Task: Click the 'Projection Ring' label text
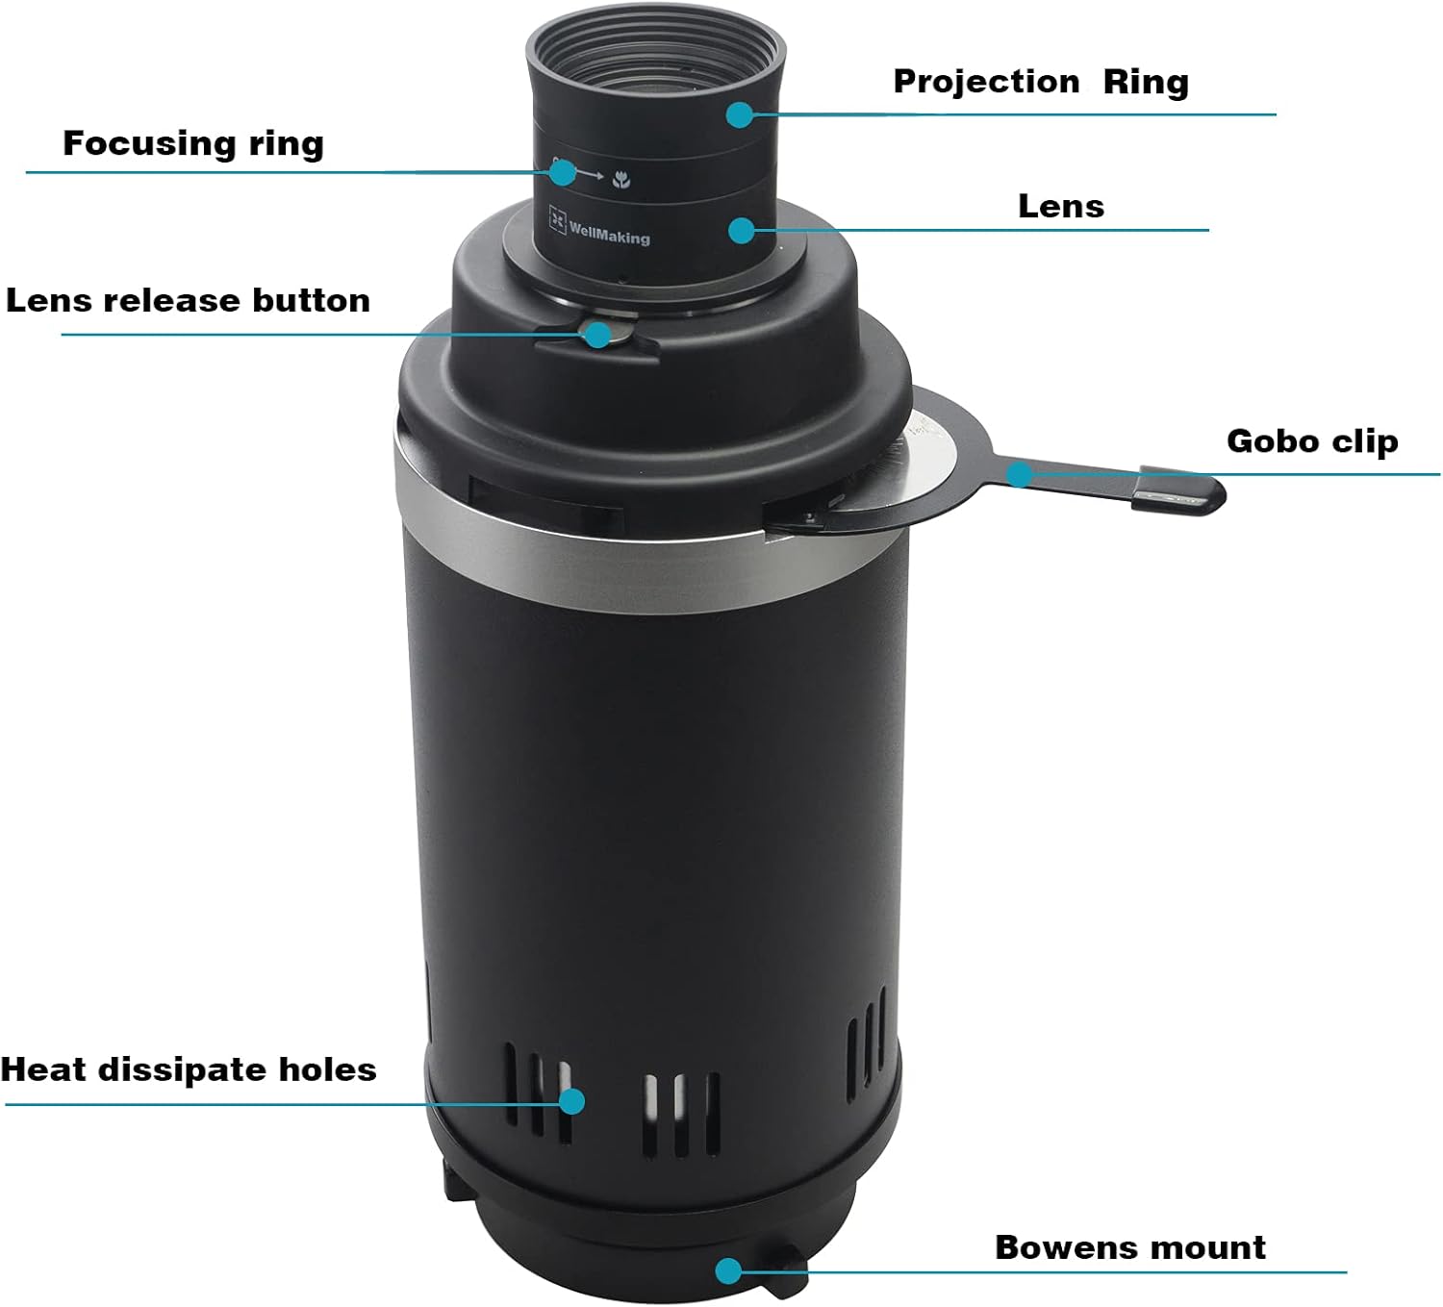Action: pyautogui.click(x=1041, y=82)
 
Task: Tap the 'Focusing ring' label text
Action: pyautogui.click(x=193, y=143)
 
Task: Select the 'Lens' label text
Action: pyautogui.click(x=1061, y=206)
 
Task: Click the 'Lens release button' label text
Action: pyautogui.click(x=188, y=300)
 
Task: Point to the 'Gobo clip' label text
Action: pyautogui.click(x=1312, y=440)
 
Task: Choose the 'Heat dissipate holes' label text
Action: pyautogui.click(x=189, y=1069)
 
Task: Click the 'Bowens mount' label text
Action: pyautogui.click(x=1130, y=1246)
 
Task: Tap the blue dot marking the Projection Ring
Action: pyautogui.click(x=739, y=114)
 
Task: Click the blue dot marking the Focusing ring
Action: pyautogui.click(x=563, y=173)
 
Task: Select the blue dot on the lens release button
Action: pyautogui.click(x=597, y=335)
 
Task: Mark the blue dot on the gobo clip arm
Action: pyautogui.click(x=1020, y=474)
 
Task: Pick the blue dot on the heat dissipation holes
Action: pyautogui.click(x=572, y=1100)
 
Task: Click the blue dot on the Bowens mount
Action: pyautogui.click(x=728, y=1270)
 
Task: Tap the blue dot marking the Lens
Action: pyautogui.click(x=741, y=230)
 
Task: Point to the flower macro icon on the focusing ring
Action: pyautogui.click(x=622, y=179)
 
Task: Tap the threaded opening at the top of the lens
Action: pyautogui.click(x=656, y=53)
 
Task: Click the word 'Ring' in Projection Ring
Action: pyautogui.click(x=1146, y=82)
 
